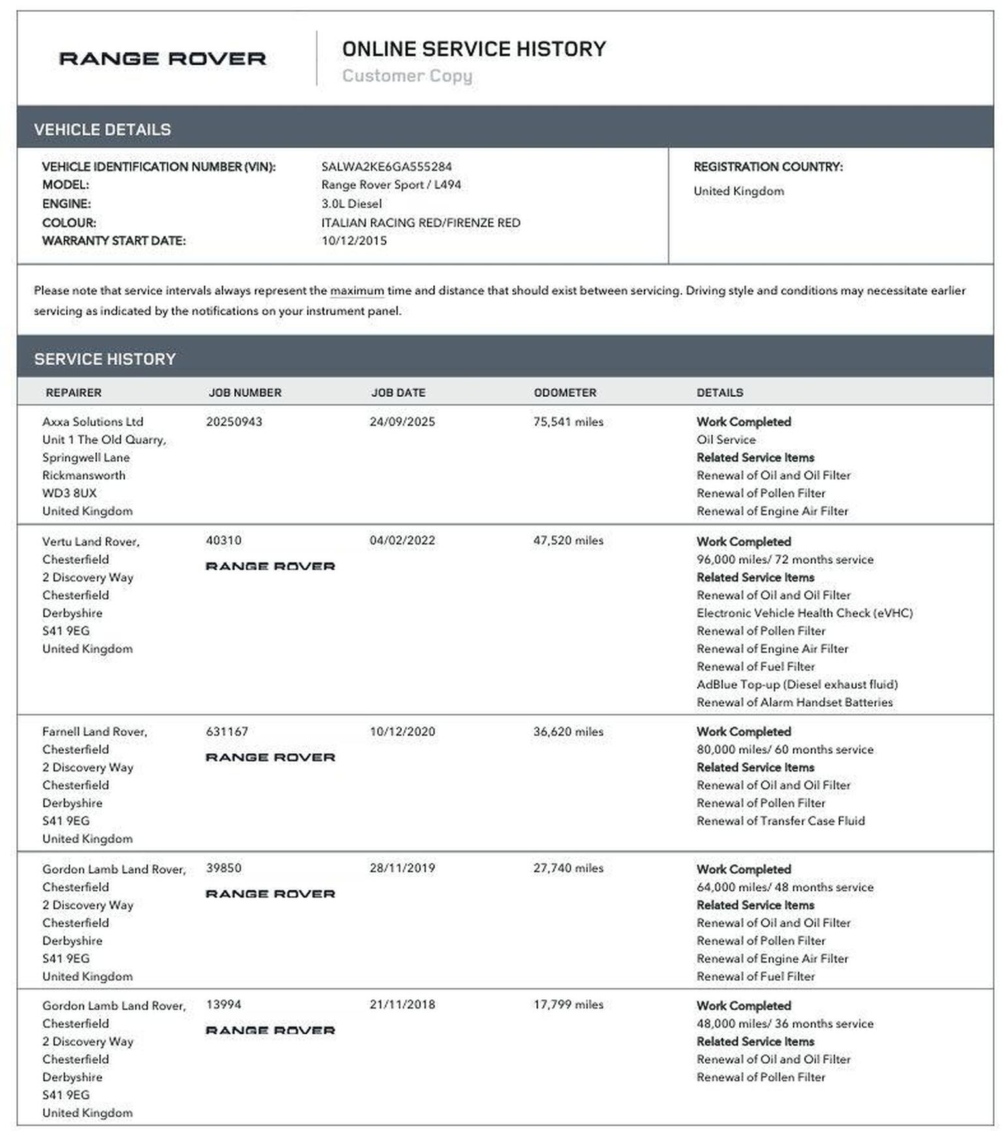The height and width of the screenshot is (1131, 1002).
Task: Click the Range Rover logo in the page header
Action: coord(162,59)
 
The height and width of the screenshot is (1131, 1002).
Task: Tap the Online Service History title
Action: coord(474,49)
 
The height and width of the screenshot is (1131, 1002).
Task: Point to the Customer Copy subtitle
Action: coord(407,76)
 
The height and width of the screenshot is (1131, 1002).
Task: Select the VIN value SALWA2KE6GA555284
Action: coord(386,166)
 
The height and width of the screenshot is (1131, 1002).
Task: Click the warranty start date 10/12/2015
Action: coord(354,240)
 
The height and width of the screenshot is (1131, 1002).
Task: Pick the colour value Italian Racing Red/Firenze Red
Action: coord(420,223)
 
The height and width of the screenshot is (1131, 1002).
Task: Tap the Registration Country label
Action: coord(768,166)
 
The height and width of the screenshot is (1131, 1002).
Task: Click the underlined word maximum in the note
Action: coord(357,290)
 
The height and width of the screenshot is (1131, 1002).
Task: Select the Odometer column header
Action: coord(565,392)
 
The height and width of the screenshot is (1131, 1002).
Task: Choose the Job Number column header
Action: coord(245,392)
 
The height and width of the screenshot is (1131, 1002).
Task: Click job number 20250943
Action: coord(234,422)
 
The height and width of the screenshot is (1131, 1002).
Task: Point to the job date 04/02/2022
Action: coord(402,540)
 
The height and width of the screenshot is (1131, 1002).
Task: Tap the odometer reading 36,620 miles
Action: coord(568,732)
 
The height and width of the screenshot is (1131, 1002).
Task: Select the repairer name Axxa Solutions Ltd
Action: coord(93,422)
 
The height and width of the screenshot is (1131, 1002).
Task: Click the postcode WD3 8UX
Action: coord(69,493)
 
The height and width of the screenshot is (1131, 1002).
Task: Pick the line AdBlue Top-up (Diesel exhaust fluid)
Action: coord(797,684)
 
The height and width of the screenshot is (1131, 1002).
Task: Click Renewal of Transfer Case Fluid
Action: coord(780,820)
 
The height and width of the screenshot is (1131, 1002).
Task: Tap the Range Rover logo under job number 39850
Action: coord(270,893)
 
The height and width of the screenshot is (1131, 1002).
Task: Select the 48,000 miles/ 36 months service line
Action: coord(785,1023)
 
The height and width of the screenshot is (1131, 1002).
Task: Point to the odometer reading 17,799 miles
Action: coord(568,1004)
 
